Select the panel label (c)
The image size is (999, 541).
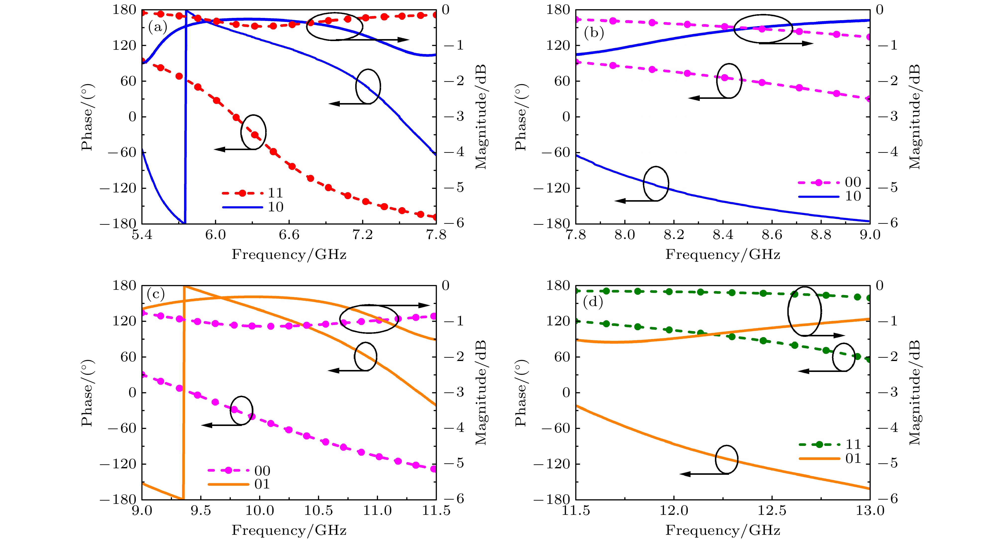(x=155, y=295)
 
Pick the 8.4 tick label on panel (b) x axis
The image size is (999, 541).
(x=723, y=235)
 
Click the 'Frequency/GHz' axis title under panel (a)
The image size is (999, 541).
(x=289, y=255)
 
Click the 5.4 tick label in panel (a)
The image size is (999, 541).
(x=142, y=235)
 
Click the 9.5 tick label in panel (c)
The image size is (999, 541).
(x=201, y=510)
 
